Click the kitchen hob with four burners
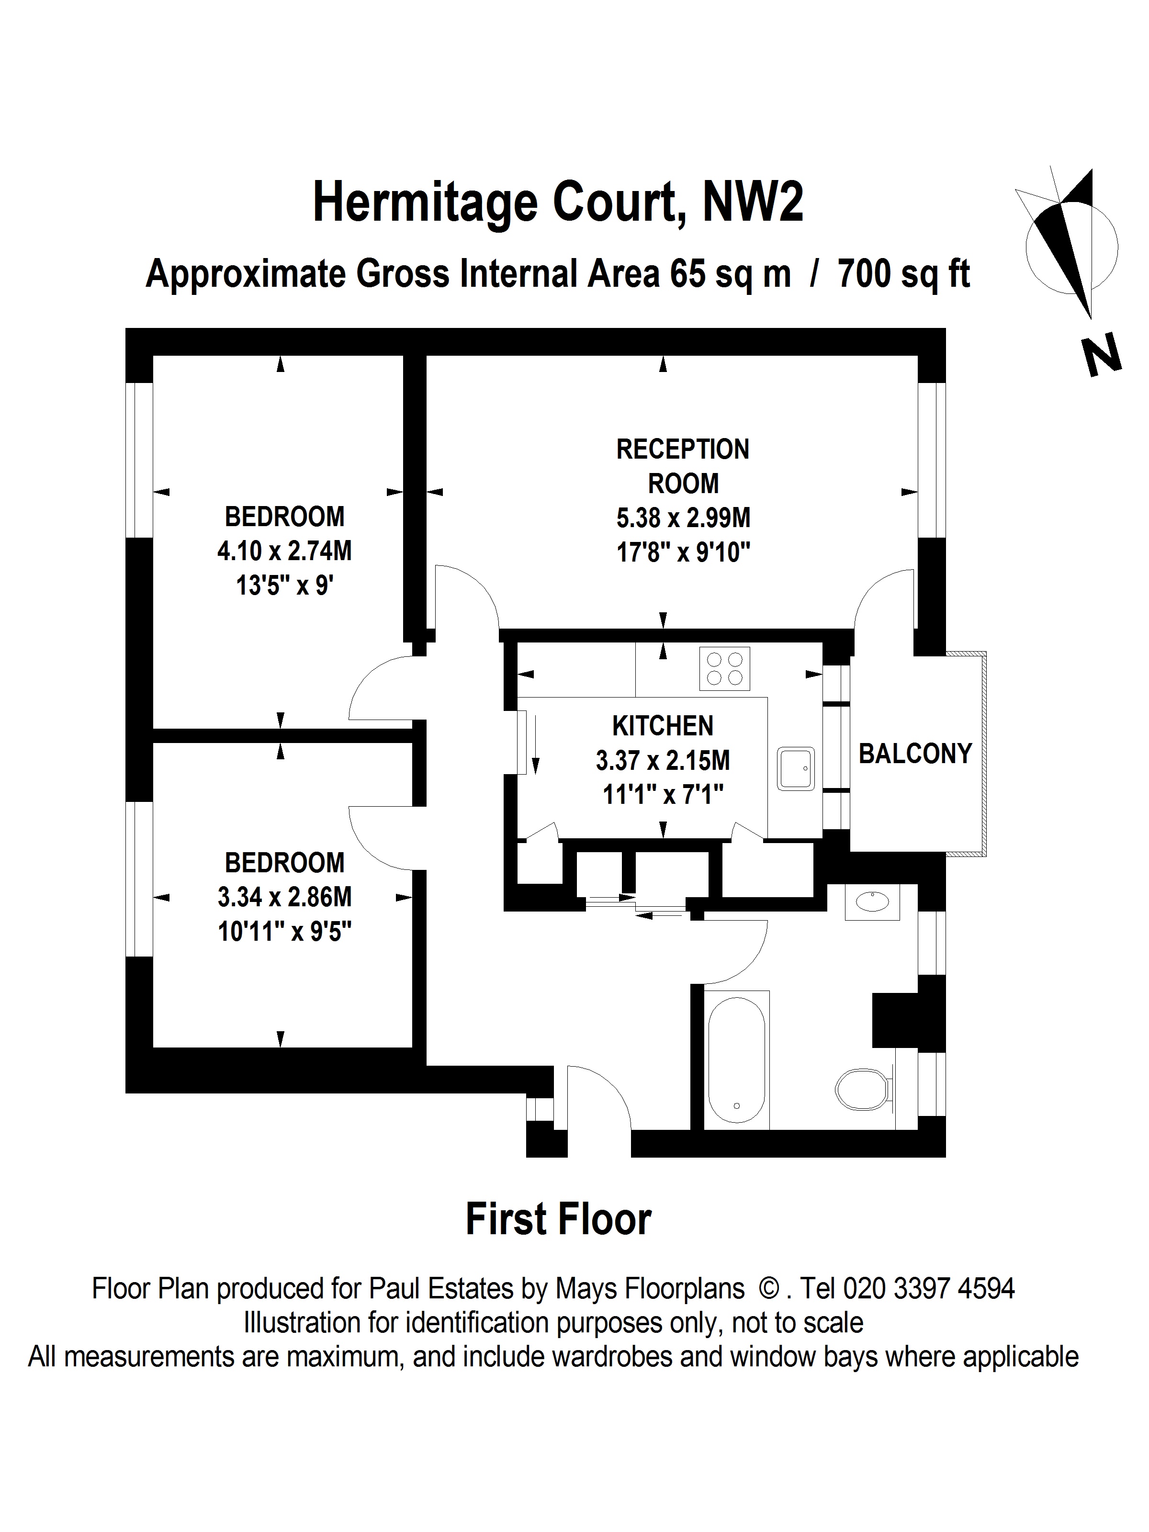coord(724,668)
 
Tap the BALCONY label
coord(915,754)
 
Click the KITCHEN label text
coord(663,726)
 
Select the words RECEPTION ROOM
coord(683,466)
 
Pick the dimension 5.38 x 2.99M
coord(683,518)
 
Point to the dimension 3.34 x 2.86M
coord(285,897)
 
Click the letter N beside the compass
coord(1101,355)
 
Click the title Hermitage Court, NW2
coord(558,202)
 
